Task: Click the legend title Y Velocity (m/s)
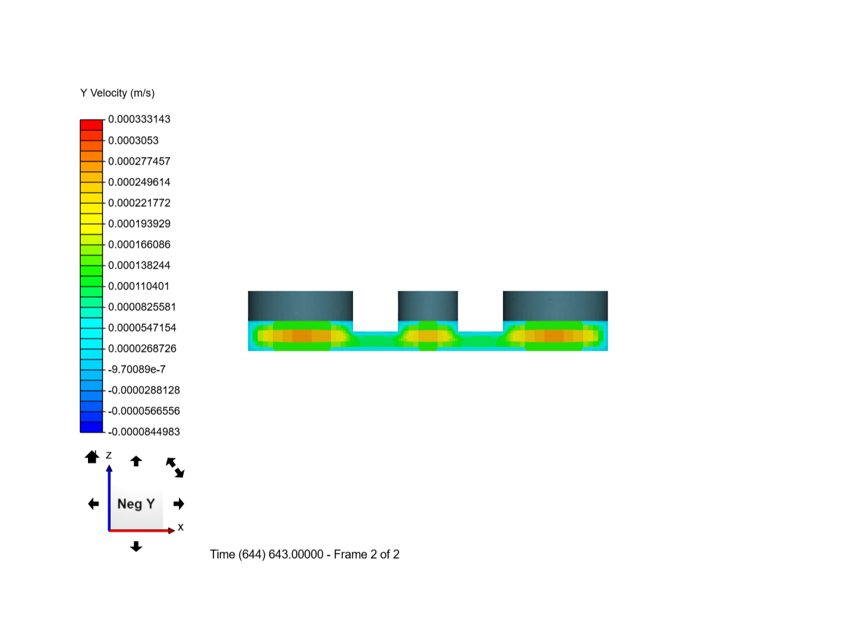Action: (117, 93)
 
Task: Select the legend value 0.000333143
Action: (139, 119)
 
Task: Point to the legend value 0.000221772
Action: (139, 203)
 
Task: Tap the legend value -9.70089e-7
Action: (137, 370)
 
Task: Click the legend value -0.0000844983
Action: (144, 432)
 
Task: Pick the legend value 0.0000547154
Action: (142, 328)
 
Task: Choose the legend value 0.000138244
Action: (139, 266)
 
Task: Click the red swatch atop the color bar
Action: (92, 125)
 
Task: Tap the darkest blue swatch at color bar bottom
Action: (92, 427)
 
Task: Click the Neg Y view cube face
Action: (136, 504)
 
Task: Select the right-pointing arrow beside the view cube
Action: (179, 504)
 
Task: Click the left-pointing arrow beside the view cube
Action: (93, 504)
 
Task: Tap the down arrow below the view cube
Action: (136, 547)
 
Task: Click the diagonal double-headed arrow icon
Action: (175, 467)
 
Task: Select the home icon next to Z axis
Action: (92, 457)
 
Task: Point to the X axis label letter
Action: (181, 527)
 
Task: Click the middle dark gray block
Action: (427, 306)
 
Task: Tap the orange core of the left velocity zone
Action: (301, 336)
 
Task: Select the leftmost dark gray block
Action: (300, 306)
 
